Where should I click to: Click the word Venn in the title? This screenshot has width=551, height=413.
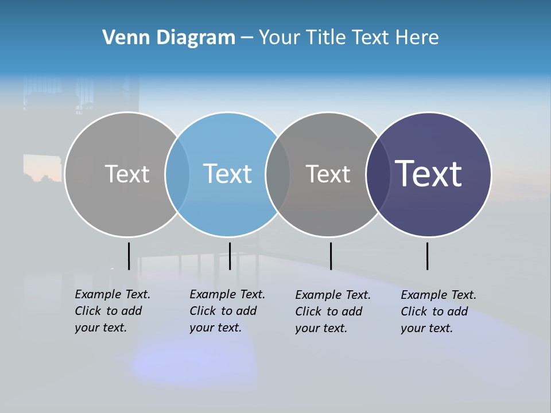[121, 38]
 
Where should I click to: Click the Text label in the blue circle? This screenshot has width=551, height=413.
[228, 174]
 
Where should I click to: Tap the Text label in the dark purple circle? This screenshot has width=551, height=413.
[428, 173]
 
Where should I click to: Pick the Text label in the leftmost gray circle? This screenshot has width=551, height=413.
[127, 174]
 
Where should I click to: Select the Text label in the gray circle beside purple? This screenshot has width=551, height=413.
[328, 174]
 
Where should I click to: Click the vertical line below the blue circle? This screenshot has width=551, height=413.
[230, 256]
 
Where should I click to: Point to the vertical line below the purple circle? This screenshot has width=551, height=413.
[427, 256]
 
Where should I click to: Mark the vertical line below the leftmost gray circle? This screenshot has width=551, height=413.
[129, 256]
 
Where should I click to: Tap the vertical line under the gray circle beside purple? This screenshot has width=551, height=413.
[331, 256]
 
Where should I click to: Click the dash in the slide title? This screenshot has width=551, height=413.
[247, 38]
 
